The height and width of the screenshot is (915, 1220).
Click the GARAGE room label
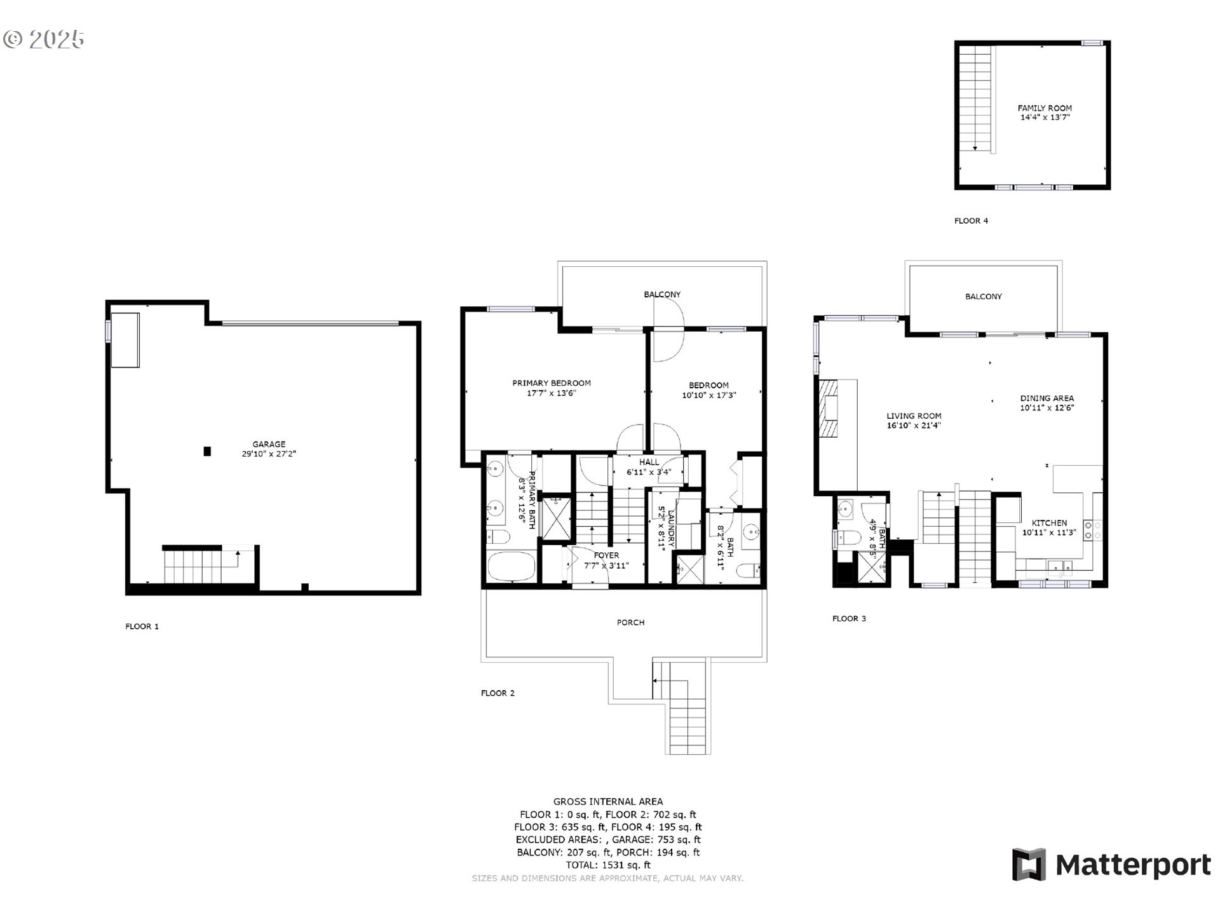269,444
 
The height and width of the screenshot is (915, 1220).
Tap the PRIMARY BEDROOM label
552,383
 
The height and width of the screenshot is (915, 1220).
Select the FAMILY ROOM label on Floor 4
1045,108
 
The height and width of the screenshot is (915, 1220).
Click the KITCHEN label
1049,523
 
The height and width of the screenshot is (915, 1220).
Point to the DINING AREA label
1047,398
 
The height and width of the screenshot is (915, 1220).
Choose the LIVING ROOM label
914,416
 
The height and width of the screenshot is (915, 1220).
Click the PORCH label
630,623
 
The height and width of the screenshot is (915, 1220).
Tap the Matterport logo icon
1029,865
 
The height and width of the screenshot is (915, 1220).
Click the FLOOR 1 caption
142,627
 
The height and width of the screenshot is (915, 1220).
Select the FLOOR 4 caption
971,221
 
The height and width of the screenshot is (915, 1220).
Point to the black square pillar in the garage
207,451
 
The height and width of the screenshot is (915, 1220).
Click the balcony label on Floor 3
983,297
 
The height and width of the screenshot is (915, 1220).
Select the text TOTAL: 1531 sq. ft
608,865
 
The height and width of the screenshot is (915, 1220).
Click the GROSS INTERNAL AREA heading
608,802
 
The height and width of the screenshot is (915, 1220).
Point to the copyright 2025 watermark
44,39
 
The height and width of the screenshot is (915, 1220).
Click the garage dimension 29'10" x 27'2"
269,454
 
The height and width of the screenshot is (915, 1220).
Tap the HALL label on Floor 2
649,462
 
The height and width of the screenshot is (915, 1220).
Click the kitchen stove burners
1092,530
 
